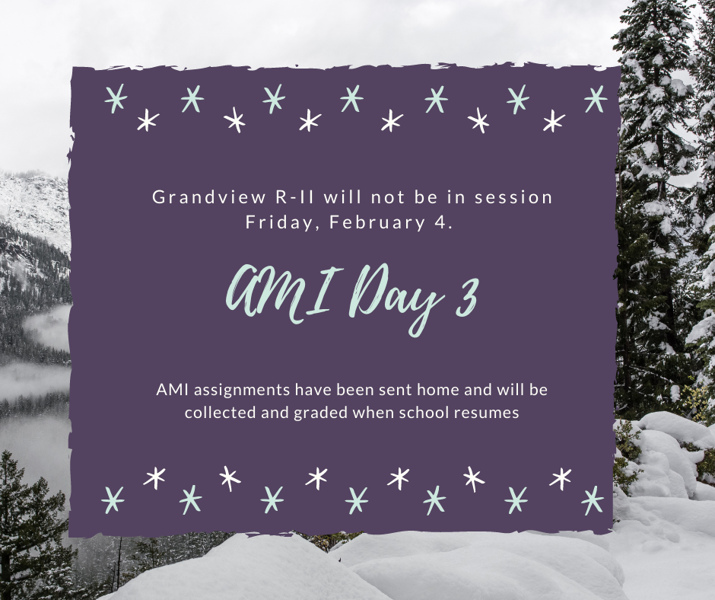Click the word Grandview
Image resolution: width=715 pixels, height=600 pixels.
tap(209, 196)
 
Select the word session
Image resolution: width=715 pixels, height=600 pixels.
tap(513, 196)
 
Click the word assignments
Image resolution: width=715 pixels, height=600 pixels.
tap(243, 391)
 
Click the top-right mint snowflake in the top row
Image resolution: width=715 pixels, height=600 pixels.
tap(596, 99)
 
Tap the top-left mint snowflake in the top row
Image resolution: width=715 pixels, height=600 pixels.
tap(116, 99)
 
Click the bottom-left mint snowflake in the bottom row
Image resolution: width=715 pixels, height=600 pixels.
tap(113, 499)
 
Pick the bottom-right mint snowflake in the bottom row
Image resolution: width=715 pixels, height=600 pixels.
tap(593, 500)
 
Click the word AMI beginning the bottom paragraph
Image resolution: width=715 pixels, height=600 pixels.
tap(173, 390)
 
